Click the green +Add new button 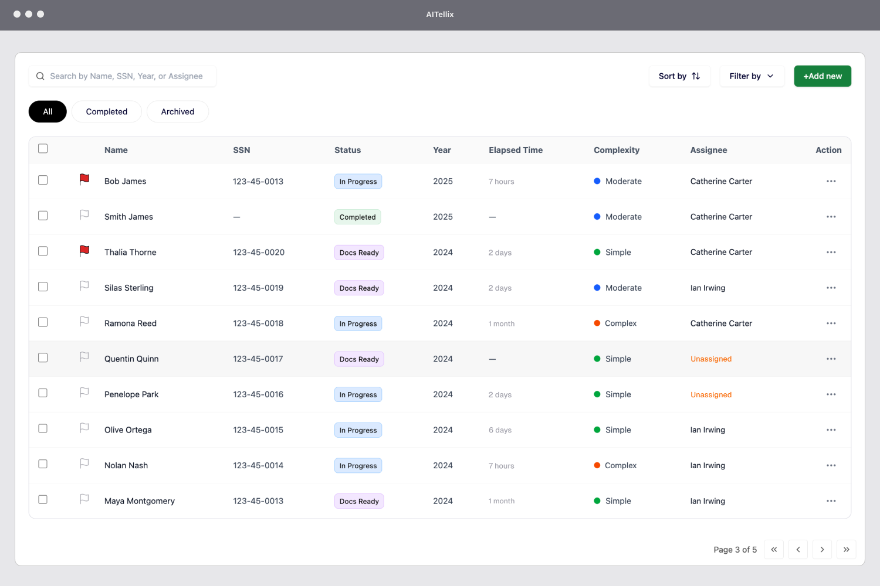tap(822, 76)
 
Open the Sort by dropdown tap(679, 76)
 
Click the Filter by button tap(752, 76)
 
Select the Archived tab tap(177, 112)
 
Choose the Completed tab tap(106, 112)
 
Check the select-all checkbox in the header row tap(43, 149)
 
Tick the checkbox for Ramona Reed tap(43, 322)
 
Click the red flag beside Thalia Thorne tap(84, 251)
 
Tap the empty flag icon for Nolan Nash tap(84, 464)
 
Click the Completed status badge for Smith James tap(357, 217)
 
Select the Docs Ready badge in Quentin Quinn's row tap(359, 359)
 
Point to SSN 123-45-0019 tap(258, 288)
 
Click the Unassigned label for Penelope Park tap(710, 395)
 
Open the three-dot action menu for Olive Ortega tap(831, 430)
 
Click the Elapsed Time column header tap(515, 150)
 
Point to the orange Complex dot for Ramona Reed tap(597, 323)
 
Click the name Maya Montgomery tap(140, 501)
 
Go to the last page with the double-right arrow tap(846, 550)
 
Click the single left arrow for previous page tap(798, 550)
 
